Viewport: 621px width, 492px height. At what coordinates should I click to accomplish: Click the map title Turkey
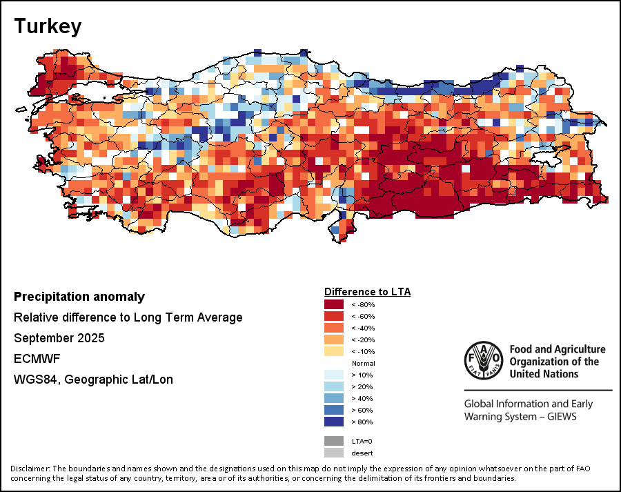pyautogui.click(x=48, y=26)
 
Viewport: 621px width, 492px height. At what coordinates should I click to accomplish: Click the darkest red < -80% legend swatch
pyautogui.click(x=334, y=304)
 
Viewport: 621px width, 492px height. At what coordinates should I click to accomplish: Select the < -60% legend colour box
pyautogui.click(x=334, y=316)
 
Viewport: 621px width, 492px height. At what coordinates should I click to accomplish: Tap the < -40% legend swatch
pyautogui.click(x=334, y=328)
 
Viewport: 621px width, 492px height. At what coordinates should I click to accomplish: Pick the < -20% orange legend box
pyautogui.click(x=334, y=340)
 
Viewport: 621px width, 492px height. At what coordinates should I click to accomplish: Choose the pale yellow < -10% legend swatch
pyautogui.click(x=334, y=351)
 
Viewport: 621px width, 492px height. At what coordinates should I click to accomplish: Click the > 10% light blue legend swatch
pyautogui.click(x=334, y=375)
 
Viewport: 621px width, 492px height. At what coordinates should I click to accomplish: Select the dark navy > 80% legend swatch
pyautogui.click(x=334, y=422)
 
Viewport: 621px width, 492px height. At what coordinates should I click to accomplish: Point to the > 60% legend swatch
pyautogui.click(x=334, y=410)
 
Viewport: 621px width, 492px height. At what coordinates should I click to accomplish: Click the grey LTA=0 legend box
pyautogui.click(x=334, y=441)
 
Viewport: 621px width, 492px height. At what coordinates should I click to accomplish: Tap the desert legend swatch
pyautogui.click(x=334, y=453)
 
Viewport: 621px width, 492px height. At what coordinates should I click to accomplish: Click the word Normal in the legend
pyautogui.click(x=363, y=363)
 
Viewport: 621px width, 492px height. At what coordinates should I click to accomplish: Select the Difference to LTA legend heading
pyautogui.click(x=367, y=292)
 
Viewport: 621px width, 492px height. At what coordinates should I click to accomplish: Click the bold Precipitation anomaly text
pyautogui.click(x=79, y=297)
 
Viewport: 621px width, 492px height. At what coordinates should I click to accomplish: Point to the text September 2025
pyautogui.click(x=59, y=338)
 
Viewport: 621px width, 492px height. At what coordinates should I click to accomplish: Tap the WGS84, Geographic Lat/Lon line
pyautogui.click(x=93, y=380)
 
